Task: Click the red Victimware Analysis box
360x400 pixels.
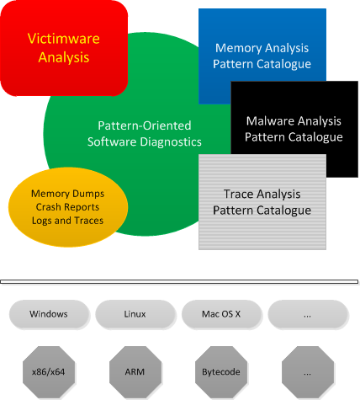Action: click(64, 48)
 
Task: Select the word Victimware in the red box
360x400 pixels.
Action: click(64, 38)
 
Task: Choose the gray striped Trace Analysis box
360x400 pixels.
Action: click(262, 202)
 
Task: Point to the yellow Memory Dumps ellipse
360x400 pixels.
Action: click(68, 207)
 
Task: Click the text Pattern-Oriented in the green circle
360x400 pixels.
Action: click(145, 125)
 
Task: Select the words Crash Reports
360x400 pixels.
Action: click(67, 207)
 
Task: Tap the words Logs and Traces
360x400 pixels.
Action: click(67, 221)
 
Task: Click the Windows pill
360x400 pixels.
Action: click(49, 314)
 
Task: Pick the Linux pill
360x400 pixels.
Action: click(135, 314)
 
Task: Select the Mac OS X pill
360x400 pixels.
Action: click(221, 314)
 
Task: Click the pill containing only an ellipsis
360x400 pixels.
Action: click(308, 314)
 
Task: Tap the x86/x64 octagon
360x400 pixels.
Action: click(49, 371)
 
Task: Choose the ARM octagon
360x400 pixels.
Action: click(135, 371)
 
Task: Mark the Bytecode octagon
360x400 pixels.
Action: click(221, 371)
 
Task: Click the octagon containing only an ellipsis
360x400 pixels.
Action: click(308, 371)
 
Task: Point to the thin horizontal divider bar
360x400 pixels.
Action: click(179, 281)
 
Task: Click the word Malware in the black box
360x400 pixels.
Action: click(270, 121)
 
